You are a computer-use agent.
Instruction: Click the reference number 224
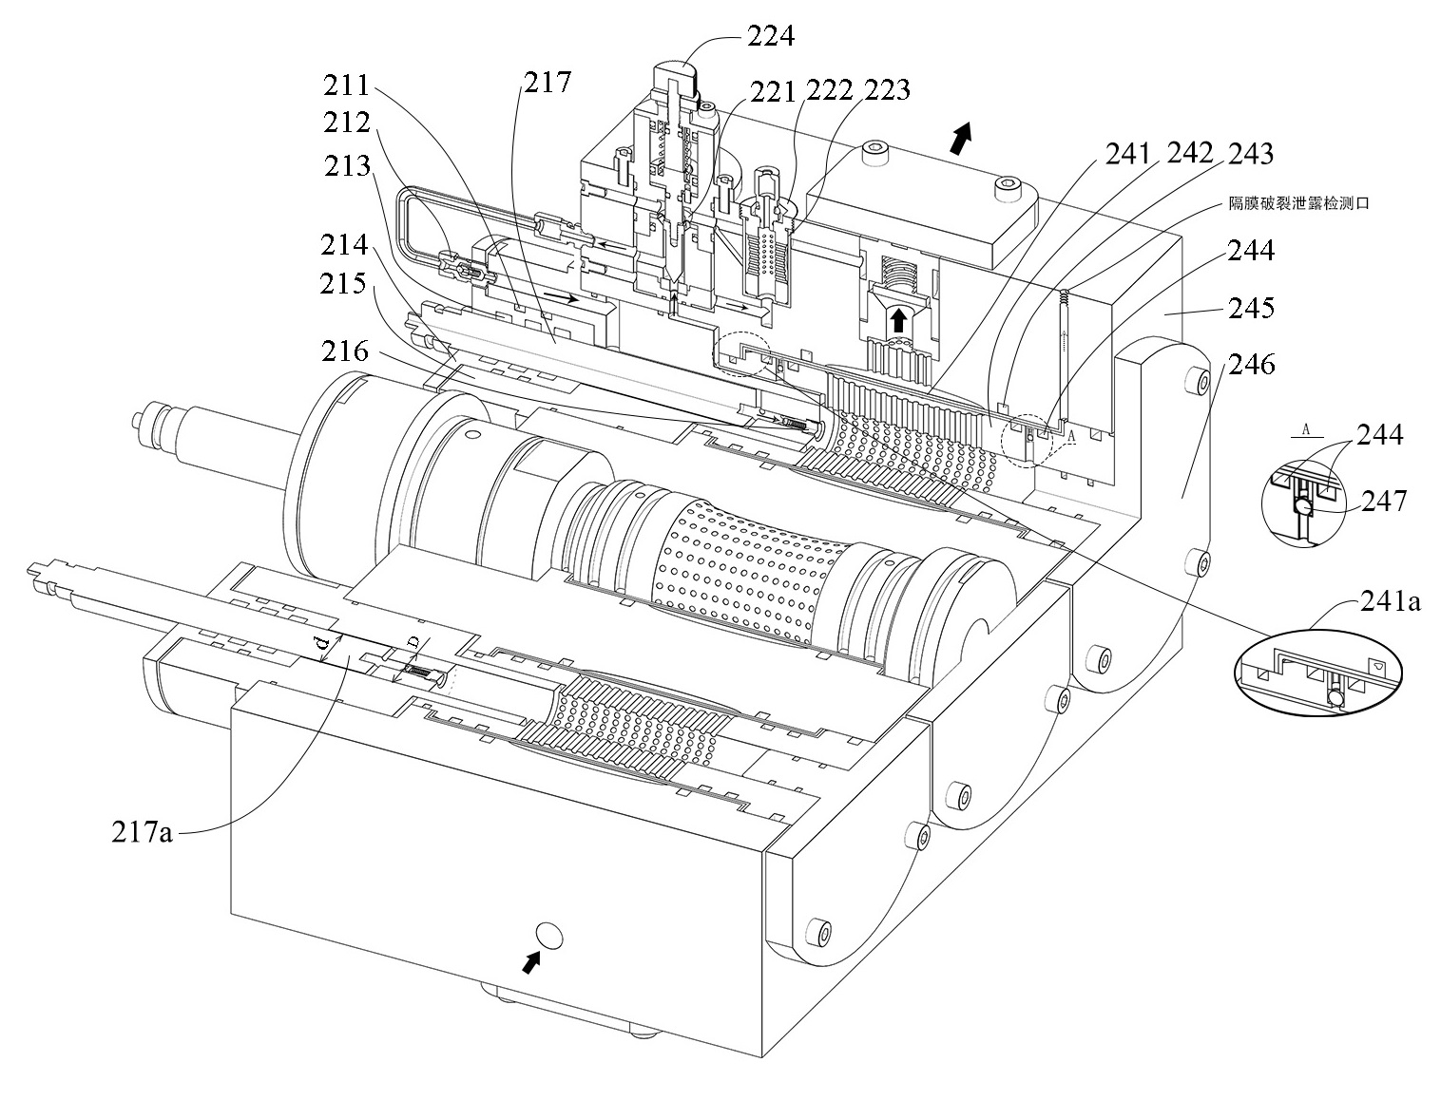click(770, 37)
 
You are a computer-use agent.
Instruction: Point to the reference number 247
click(1384, 500)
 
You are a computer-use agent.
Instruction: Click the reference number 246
click(1251, 364)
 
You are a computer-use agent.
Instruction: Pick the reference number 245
click(1251, 308)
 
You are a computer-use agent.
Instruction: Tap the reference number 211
click(345, 86)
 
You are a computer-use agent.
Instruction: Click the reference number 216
click(345, 351)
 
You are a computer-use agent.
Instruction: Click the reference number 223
click(888, 89)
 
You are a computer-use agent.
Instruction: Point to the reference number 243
click(1250, 152)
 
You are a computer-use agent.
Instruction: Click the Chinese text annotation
click(1298, 203)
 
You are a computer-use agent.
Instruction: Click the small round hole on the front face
click(548, 936)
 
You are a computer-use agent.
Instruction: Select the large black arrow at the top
click(961, 138)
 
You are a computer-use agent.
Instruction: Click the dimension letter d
click(322, 646)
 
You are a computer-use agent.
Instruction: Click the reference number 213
click(345, 166)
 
